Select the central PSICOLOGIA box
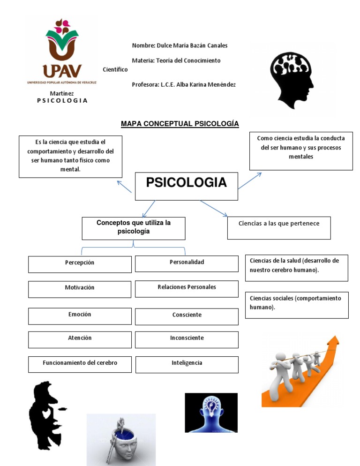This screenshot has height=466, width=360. (x=186, y=186)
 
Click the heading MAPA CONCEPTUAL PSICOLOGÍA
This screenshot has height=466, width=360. (x=180, y=124)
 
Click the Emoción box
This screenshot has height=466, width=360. (x=80, y=316)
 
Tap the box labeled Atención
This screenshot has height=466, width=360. (x=80, y=339)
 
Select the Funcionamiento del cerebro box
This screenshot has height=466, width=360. (x=80, y=364)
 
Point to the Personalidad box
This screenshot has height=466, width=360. (x=187, y=263)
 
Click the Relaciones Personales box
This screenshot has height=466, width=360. (x=187, y=288)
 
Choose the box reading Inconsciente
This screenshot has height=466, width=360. (x=187, y=339)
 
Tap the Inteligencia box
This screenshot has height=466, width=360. (x=187, y=364)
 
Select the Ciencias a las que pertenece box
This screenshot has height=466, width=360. (x=279, y=227)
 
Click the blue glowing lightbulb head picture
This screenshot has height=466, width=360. (x=211, y=413)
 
